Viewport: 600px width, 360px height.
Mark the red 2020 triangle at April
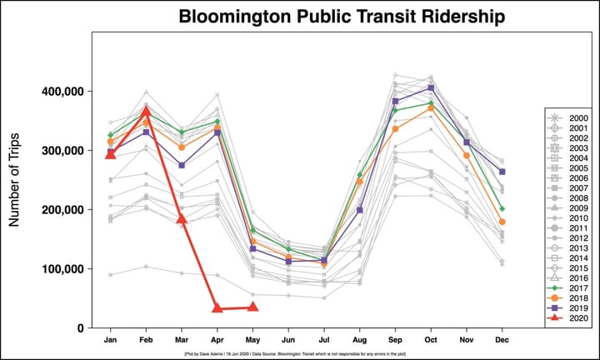tap(217, 308)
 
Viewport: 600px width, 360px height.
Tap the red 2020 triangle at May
tap(253, 307)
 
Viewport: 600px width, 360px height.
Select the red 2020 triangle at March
tap(182, 218)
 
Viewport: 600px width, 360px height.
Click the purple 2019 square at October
tap(431, 87)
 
